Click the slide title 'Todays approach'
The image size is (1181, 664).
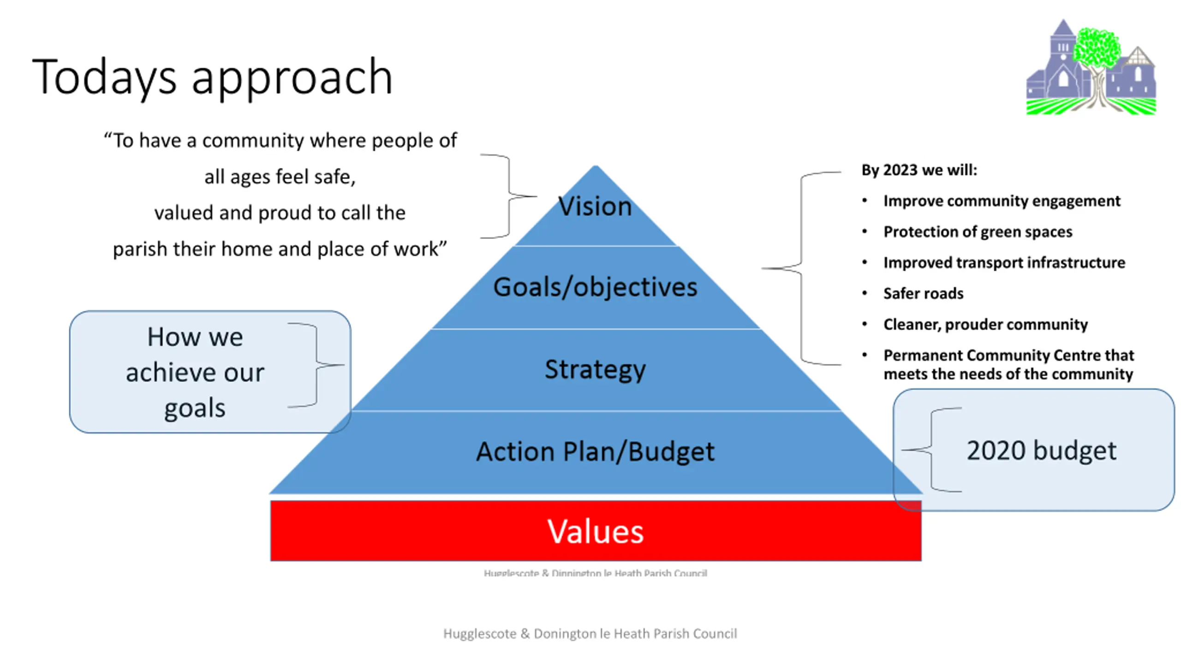pos(212,77)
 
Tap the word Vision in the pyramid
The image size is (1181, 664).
pos(595,206)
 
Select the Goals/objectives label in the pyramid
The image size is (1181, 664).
pos(595,287)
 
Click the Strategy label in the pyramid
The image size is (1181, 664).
pos(595,369)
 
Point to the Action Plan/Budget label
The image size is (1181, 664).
pos(595,451)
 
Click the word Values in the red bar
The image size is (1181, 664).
pos(595,531)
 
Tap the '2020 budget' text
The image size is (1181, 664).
pos(1041,451)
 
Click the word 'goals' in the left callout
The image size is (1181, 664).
pos(195,409)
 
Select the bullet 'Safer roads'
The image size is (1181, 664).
pos(923,294)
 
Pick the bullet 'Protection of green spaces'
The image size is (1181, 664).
pos(978,231)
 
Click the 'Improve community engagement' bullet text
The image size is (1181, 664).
pos(1002,201)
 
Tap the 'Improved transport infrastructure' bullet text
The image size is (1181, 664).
pos(1004,263)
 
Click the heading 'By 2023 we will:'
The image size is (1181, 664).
pos(919,170)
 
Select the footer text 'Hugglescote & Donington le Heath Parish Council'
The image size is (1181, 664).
pos(590,634)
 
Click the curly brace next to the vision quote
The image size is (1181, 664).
pos(509,196)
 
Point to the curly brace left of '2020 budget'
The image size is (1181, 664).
pos(932,450)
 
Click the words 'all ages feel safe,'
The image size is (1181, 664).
pos(280,177)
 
